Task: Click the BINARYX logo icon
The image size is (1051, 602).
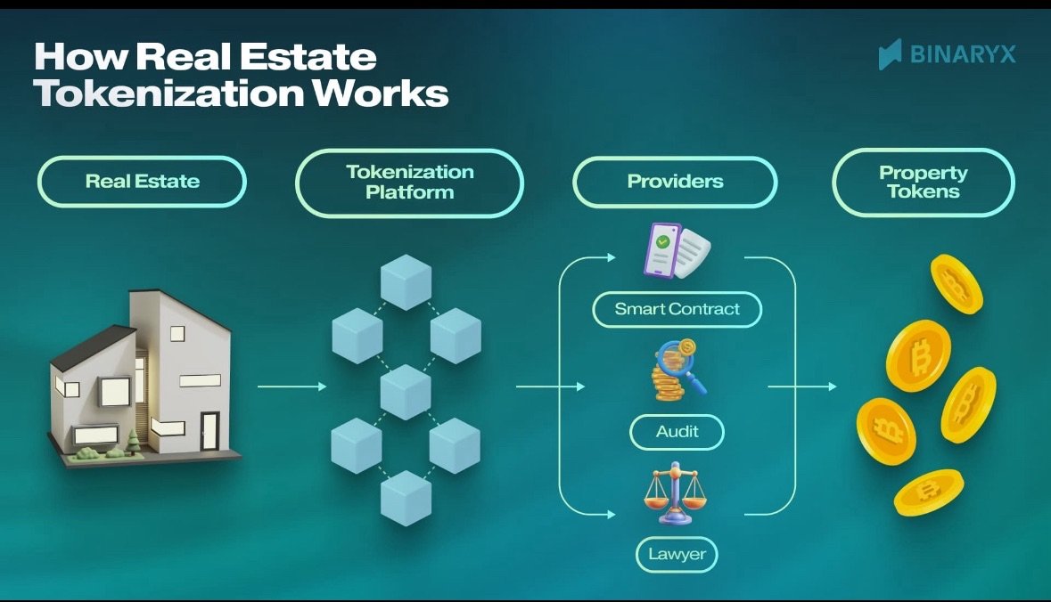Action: (x=890, y=54)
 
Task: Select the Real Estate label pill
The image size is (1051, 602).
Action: (x=142, y=182)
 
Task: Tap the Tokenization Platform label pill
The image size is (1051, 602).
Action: (x=409, y=182)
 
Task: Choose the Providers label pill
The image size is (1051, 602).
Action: (x=675, y=182)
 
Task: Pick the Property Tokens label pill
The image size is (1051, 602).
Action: (x=923, y=182)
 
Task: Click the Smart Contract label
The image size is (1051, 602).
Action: (x=677, y=310)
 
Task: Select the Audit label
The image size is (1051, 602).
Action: (x=677, y=432)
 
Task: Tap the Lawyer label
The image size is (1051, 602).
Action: (x=677, y=554)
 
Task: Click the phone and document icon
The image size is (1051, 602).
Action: (x=676, y=251)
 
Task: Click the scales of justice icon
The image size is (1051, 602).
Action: (x=675, y=492)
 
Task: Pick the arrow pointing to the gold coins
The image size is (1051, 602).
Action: (x=802, y=386)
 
